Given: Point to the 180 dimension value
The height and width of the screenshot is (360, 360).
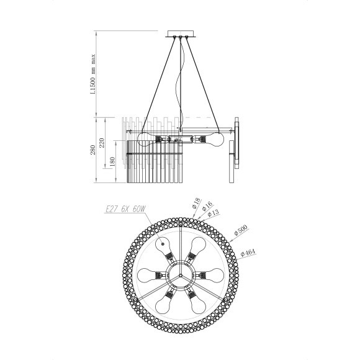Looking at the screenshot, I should click(112, 163).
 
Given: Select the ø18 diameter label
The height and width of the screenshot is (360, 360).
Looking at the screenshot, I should click(194, 203).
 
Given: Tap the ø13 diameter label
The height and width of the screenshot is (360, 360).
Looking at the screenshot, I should click(213, 213).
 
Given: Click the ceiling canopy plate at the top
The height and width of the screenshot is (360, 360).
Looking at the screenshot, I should click(181, 32).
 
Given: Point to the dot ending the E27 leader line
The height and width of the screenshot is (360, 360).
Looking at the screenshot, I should click(164, 244).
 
